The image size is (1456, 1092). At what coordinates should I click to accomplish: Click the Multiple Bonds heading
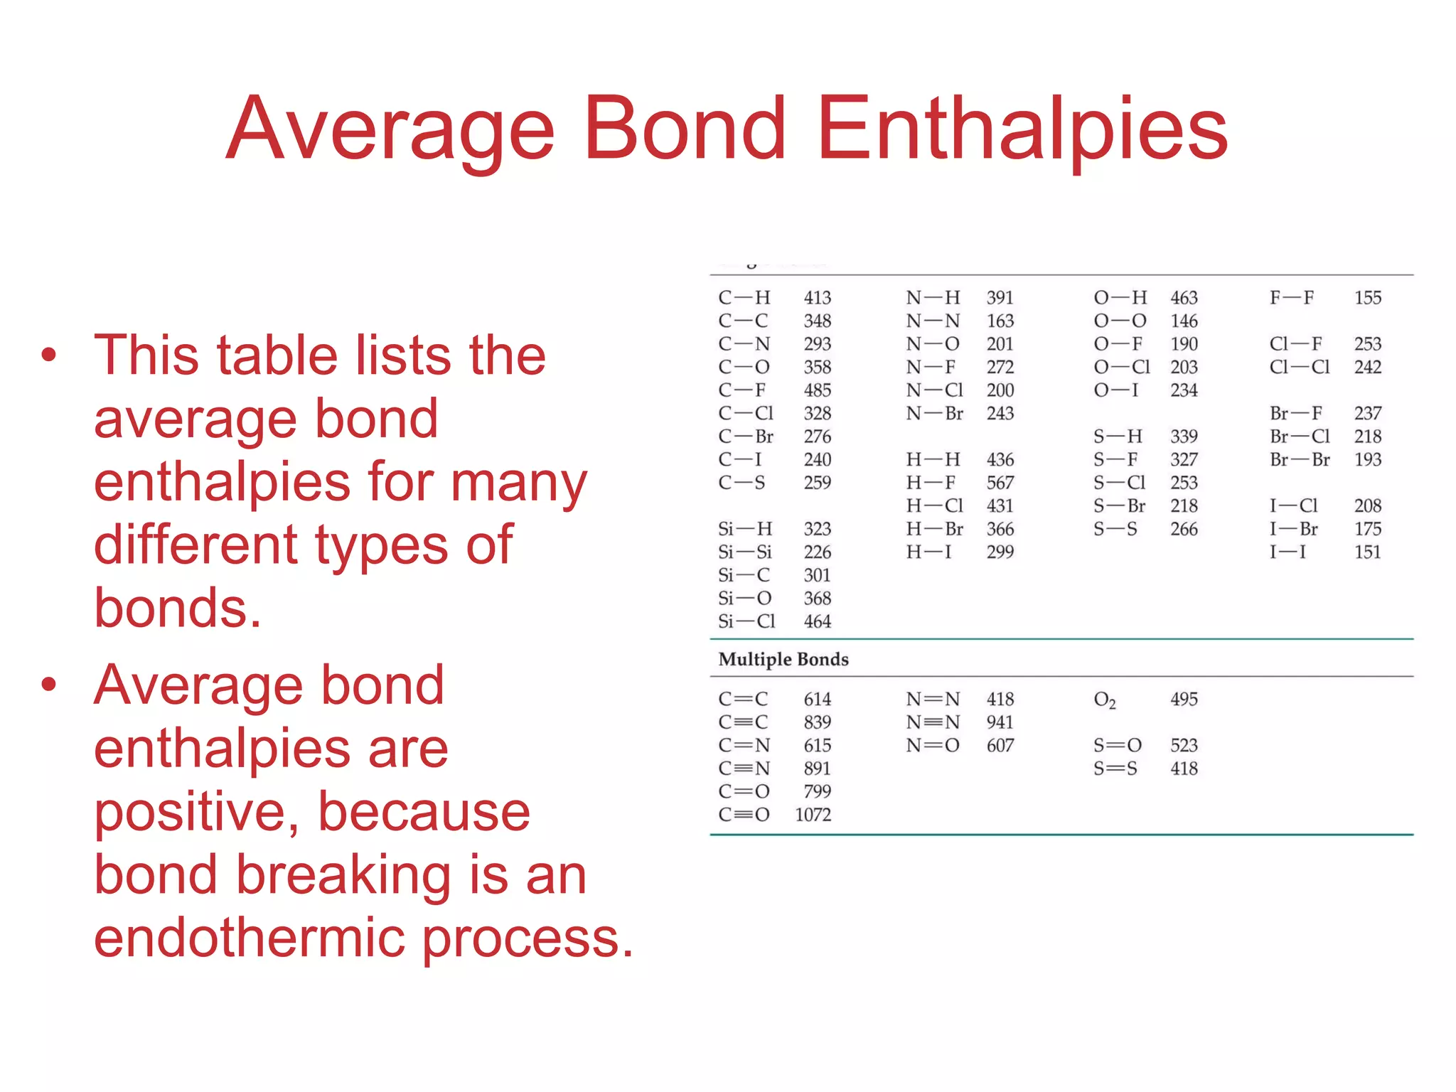[783, 659]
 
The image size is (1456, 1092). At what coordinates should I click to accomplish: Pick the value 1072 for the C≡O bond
[813, 815]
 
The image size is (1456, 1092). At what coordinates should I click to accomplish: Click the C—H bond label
[744, 298]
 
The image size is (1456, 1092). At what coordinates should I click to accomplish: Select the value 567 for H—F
[1000, 483]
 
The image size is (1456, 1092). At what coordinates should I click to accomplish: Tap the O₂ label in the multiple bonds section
[1104, 700]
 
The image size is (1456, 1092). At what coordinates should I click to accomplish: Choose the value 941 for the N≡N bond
[1000, 722]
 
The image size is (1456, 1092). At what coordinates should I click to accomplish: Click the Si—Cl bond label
[746, 621]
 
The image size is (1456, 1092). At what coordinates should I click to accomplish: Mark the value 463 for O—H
[1184, 298]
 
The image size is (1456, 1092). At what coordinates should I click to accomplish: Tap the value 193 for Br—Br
[1367, 459]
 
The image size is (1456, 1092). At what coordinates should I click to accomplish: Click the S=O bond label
[1117, 745]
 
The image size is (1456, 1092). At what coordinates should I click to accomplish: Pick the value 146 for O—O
[1184, 321]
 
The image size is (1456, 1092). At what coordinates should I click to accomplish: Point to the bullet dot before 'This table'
[48, 354]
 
